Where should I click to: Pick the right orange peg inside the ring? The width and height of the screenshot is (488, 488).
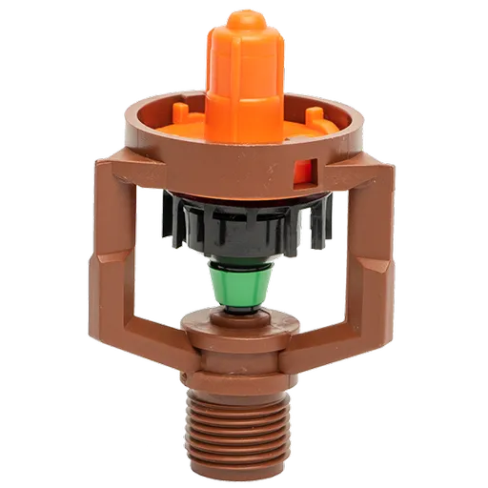point(311,117)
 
